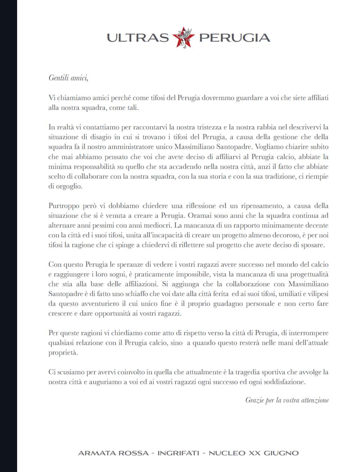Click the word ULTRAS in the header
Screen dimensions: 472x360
pyautogui.click(x=138, y=38)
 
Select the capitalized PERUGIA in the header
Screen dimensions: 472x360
pyautogui.click(x=234, y=38)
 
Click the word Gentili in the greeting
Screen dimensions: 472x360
pyautogui.click(x=58, y=78)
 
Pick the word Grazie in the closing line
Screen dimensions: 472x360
pyautogui.click(x=255, y=400)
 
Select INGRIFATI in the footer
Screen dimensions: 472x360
pyautogui.click(x=178, y=453)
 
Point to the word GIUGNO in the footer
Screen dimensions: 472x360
pyautogui.click(x=281, y=453)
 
